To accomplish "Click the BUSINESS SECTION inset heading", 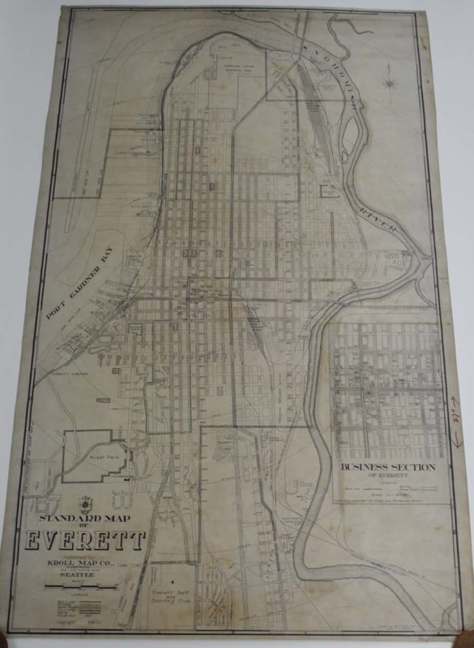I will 389,467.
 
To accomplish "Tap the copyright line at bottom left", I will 77,628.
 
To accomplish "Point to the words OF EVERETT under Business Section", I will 389,477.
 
